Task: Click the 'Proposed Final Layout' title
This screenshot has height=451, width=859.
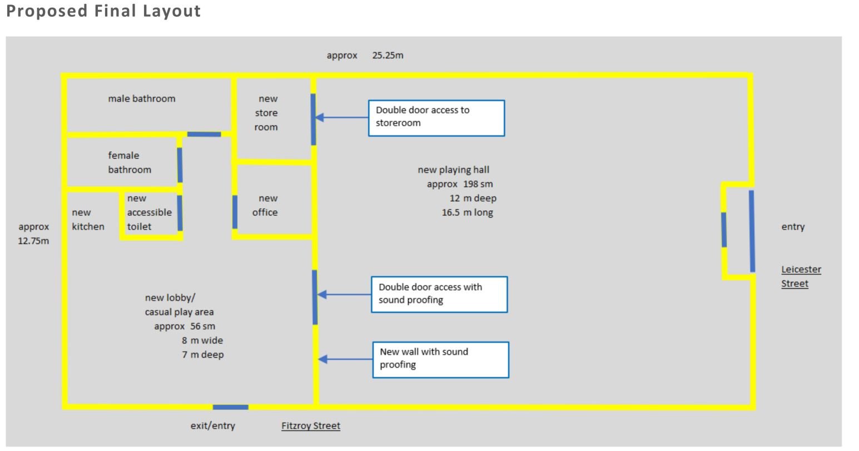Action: (103, 11)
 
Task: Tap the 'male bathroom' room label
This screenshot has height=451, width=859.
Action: (142, 98)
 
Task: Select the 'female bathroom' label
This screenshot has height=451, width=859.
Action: (130, 162)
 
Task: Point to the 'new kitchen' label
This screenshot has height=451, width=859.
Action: (88, 219)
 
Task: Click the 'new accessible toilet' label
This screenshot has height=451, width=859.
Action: (149, 212)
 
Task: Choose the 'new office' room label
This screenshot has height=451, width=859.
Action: (265, 205)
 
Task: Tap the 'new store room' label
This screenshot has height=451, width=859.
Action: (266, 113)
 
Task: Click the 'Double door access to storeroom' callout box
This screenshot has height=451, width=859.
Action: (436, 118)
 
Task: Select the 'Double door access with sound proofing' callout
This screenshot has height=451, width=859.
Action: (439, 295)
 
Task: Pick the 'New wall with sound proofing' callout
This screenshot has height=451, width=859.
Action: (441, 360)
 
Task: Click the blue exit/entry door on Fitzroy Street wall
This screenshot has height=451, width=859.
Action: (231, 407)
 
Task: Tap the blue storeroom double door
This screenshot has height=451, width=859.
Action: (314, 119)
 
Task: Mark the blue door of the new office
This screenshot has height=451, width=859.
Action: (235, 212)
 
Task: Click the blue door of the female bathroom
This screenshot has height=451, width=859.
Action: (180, 165)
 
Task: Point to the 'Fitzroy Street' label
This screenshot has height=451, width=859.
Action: (311, 425)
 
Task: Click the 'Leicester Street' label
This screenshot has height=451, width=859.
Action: (801, 276)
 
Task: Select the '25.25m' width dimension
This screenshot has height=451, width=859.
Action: (388, 55)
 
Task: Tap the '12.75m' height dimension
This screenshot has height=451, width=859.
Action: (33, 241)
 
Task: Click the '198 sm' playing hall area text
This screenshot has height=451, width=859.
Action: (478, 184)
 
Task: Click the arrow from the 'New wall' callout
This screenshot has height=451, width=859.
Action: (345, 359)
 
